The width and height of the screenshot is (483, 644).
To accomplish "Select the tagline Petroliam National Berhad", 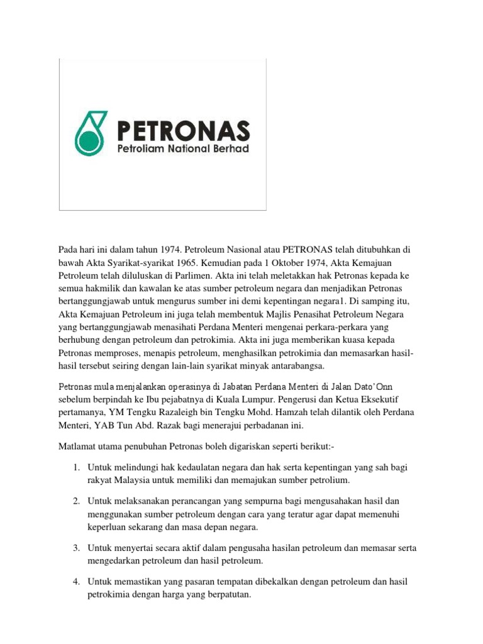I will tap(183, 149).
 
